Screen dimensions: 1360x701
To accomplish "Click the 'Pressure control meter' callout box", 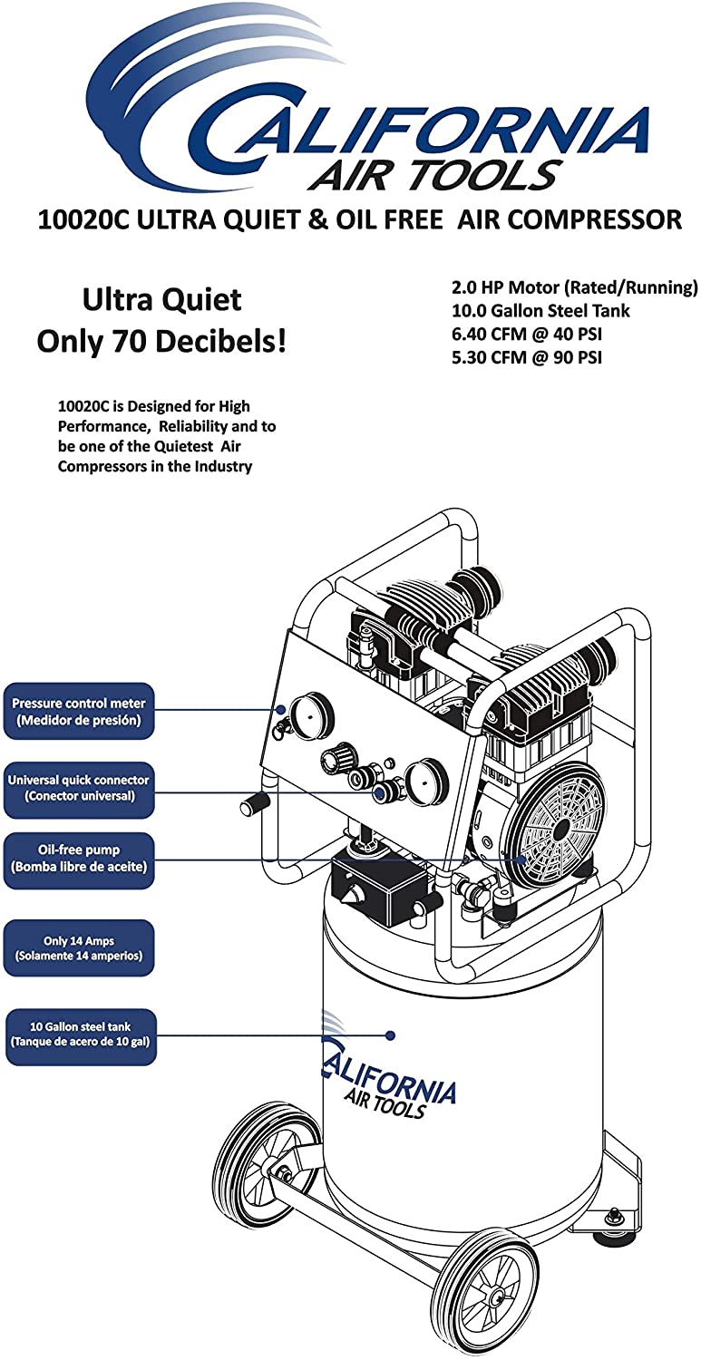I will (78, 712).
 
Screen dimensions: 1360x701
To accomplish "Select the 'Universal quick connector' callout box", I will (78, 788).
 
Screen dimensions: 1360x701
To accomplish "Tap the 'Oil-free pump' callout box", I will (78, 860).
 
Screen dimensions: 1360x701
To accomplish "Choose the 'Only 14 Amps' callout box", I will (80, 948).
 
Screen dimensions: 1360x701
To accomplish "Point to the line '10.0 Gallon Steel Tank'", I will (540, 311).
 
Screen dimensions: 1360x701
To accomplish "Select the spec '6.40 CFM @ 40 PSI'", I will (527, 335).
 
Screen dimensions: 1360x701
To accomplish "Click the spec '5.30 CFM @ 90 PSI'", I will (527, 357).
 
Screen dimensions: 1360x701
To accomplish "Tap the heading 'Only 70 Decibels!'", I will (161, 341).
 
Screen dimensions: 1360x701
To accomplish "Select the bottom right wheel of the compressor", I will (485, 1284).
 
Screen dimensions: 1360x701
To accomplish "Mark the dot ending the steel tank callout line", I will (391, 1035).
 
